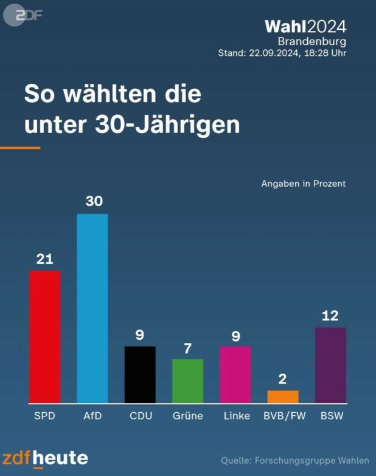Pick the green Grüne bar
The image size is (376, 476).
[x=187, y=381]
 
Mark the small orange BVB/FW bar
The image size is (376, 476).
[x=283, y=396]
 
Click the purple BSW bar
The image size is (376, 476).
[x=330, y=365]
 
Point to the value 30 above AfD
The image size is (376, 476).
[x=94, y=201]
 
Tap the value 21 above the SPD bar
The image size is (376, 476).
[x=45, y=259]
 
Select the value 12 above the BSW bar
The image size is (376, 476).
[x=330, y=316]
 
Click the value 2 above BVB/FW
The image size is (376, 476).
[x=283, y=379]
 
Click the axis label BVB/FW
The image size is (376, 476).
[x=283, y=416]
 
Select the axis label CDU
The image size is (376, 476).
[x=141, y=416]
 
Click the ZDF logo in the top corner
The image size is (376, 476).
[x=23, y=15]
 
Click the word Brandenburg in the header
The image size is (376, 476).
[x=312, y=41]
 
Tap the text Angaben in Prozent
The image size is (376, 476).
[x=303, y=183]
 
